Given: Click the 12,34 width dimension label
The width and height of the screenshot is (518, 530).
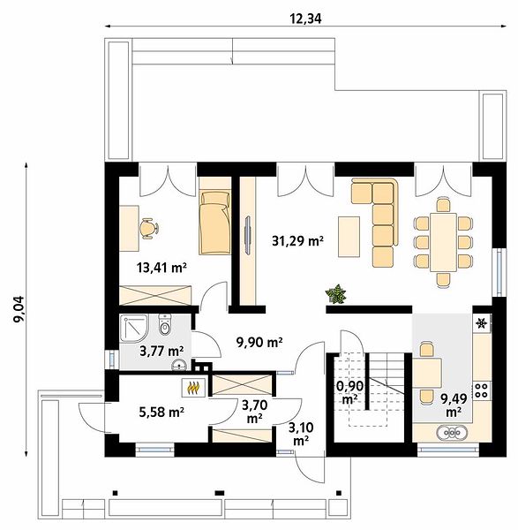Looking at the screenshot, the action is (305, 19).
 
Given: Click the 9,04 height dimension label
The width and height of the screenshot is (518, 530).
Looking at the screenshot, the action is (19, 309).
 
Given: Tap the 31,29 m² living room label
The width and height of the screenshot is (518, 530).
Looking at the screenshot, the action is (297, 240).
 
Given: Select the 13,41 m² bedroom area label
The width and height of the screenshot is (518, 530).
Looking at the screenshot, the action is (162, 268).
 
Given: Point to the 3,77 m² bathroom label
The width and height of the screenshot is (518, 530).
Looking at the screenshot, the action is (161, 351).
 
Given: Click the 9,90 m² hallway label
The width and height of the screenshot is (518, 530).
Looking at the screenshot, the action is (259, 343).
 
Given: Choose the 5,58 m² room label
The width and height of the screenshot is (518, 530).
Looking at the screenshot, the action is (161, 412).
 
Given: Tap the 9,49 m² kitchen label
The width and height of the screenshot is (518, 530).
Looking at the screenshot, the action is (454, 405).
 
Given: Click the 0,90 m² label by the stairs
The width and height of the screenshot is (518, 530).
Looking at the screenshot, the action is (349, 392).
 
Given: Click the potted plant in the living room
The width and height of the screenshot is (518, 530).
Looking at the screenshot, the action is (336, 294).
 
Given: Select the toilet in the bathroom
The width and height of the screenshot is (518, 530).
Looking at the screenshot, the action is (165, 324).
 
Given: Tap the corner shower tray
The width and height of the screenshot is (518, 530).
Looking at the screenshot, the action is (134, 329).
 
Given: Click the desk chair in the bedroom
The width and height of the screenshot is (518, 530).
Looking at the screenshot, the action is (149, 229).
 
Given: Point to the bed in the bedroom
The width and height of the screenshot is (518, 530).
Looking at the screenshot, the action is (214, 223).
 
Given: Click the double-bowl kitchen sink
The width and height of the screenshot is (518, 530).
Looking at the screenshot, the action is (452, 432).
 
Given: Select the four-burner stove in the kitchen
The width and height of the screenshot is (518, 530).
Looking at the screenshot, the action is (481, 390).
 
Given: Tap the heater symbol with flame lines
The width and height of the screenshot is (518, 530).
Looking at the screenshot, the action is (194, 388).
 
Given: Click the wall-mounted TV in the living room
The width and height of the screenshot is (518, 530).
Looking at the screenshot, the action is (248, 235).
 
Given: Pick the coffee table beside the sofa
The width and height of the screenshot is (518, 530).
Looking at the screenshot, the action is (349, 237).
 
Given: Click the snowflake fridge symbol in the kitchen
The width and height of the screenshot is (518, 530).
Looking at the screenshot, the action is (481, 323).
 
